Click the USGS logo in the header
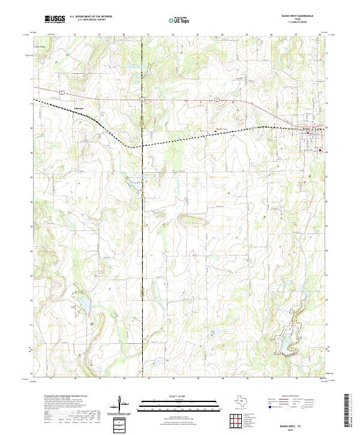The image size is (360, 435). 55,19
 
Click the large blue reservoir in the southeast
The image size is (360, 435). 287,340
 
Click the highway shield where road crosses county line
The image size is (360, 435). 143,97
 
